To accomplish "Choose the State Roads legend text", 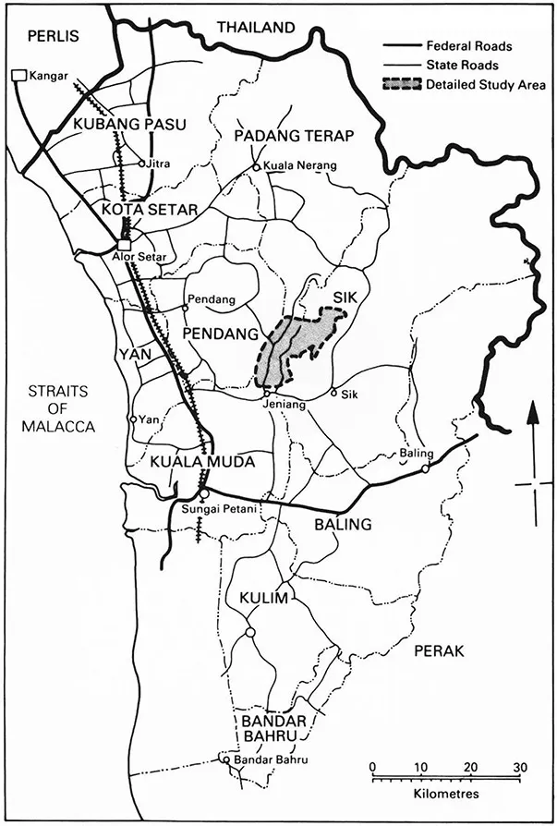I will [462, 65].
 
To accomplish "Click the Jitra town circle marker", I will [141, 164].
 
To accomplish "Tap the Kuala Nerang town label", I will [300, 166].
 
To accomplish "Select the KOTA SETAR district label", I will [150, 210].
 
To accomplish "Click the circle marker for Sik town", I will [334, 393].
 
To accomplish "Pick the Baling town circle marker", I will [425, 468].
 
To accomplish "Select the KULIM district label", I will [266, 599].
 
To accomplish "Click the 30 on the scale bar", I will [519, 767].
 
